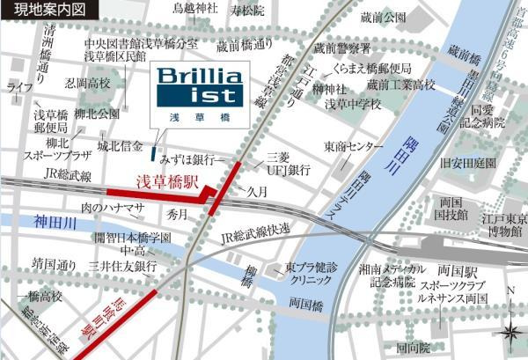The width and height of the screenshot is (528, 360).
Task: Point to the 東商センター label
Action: click(353, 146)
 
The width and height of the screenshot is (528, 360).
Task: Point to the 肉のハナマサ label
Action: click(112, 208)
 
